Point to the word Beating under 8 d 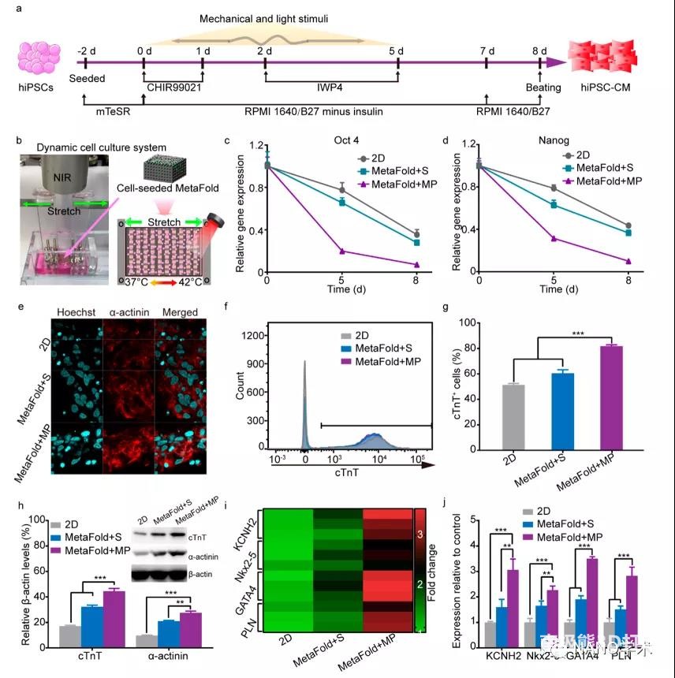pos(543,88)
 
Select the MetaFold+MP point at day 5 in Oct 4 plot pos(342,251)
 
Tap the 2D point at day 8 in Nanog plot pos(628,226)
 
